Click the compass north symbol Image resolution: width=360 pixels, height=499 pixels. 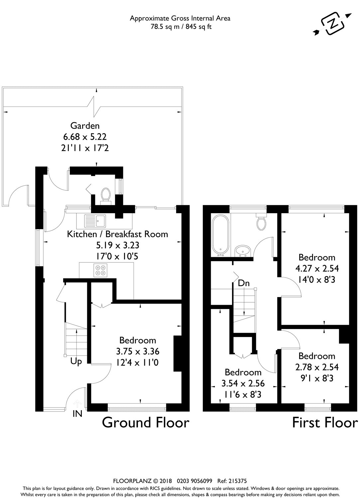coord(332,24)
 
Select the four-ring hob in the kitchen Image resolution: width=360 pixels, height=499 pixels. coord(101,270)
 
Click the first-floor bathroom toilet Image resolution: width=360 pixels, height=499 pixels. coord(262,222)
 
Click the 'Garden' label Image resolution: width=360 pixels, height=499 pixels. coord(85,126)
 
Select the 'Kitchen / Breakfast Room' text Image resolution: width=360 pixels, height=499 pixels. coord(118,234)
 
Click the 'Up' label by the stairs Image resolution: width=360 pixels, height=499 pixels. coord(76,362)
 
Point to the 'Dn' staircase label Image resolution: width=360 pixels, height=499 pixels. coord(244,283)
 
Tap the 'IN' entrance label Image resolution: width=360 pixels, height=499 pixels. coord(77,414)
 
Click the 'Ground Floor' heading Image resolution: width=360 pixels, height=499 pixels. coord(146,422)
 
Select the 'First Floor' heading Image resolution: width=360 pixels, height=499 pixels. coord(325,422)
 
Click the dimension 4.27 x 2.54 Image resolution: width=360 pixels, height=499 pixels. coord(317,268)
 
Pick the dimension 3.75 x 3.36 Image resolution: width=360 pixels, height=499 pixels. coord(138,351)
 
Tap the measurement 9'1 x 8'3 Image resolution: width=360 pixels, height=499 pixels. coord(316,378)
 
